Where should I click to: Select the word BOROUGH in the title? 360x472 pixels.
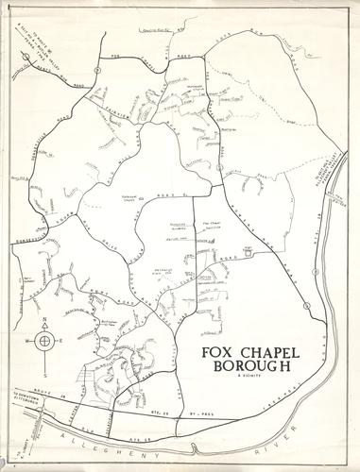pos(242,362)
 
